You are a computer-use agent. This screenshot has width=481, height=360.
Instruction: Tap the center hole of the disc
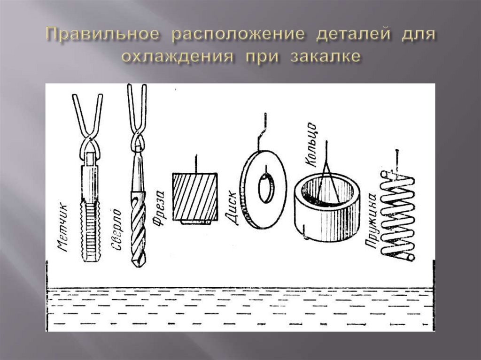[266, 186]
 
